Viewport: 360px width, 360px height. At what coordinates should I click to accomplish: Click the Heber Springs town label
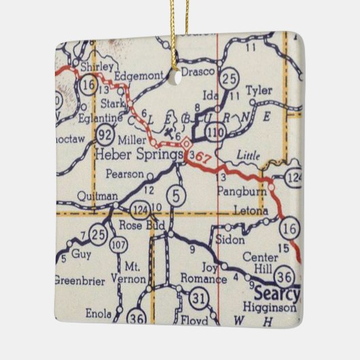tap(139, 154)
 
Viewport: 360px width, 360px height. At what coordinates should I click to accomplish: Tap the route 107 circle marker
tap(120, 245)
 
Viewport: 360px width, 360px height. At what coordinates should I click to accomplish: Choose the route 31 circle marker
tap(198, 298)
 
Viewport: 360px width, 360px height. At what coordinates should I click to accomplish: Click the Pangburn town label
tap(235, 192)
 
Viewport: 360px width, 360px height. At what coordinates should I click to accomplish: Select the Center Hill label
tap(268, 262)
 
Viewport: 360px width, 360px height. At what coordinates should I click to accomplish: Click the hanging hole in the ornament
tap(179, 77)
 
